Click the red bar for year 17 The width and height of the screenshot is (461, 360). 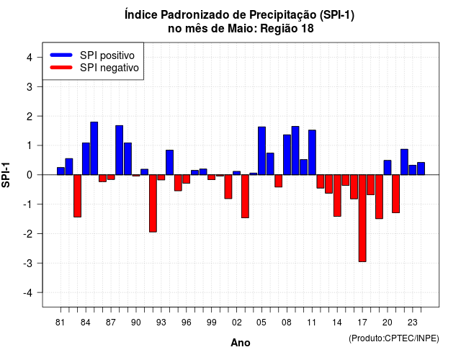click(x=362, y=218)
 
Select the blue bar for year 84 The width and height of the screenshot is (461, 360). click(x=86, y=158)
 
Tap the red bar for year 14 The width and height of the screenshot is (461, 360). click(x=337, y=195)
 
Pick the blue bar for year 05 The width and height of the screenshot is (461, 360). click(x=261, y=150)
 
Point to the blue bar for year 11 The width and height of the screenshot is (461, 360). click(x=312, y=152)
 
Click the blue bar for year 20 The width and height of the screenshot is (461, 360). click(x=388, y=168)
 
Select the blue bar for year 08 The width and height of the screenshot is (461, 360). click(x=287, y=155)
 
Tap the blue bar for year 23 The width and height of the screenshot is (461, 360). click(x=413, y=170)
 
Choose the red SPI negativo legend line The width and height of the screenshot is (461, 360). click(x=61, y=68)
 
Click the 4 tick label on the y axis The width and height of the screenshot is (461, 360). click(x=30, y=58)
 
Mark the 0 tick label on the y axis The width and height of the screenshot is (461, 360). click(x=30, y=175)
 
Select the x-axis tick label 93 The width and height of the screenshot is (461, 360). click(x=161, y=323)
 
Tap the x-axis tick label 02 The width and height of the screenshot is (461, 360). click(x=237, y=323)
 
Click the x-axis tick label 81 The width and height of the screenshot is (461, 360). click(x=60, y=323)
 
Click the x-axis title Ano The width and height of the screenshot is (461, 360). click(x=241, y=343)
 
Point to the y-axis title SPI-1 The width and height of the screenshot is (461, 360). click(x=6, y=175)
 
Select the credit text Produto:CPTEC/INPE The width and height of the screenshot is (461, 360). click(x=394, y=338)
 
